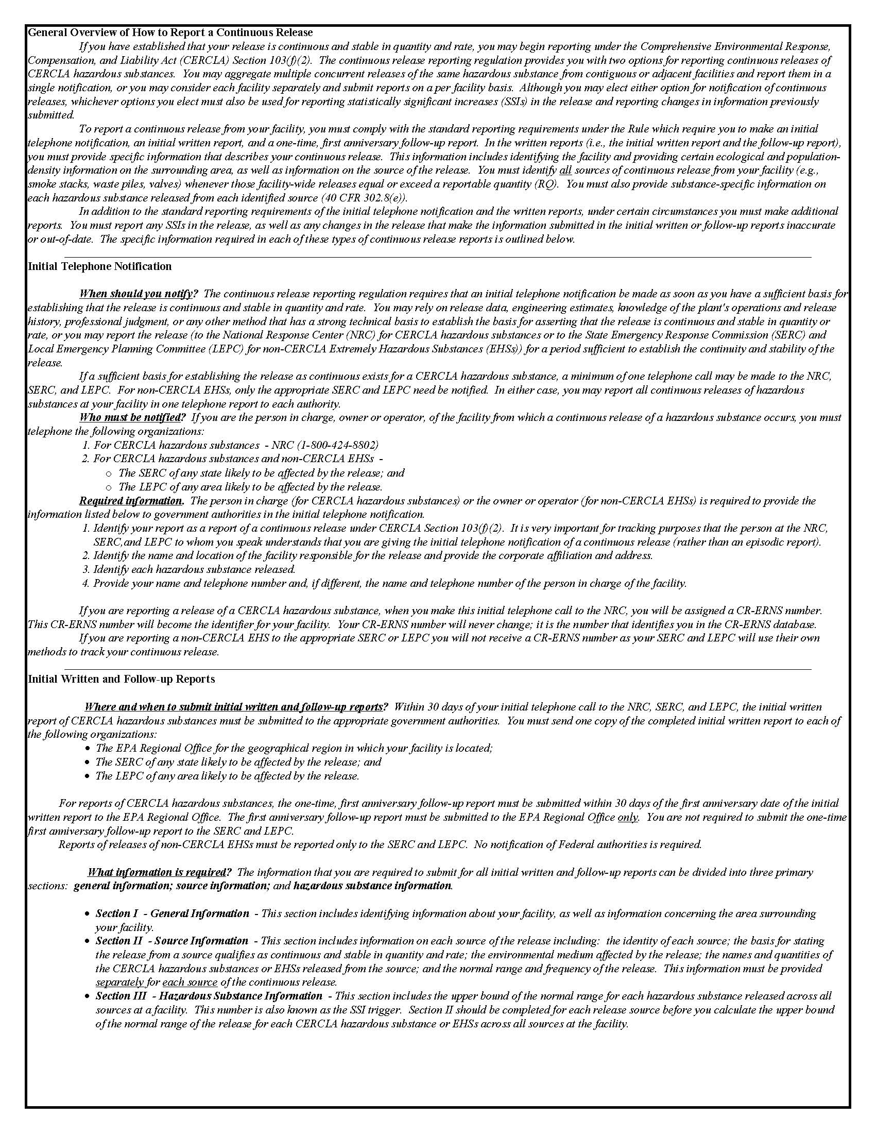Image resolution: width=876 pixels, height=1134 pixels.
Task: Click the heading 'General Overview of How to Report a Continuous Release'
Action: tap(170, 32)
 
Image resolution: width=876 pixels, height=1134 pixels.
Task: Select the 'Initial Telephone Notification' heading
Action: tap(99, 266)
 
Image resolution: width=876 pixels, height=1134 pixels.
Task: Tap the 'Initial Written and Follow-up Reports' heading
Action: tap(122, 679)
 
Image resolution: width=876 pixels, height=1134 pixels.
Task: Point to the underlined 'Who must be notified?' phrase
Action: tap(132, 417)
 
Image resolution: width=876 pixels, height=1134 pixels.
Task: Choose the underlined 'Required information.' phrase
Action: tap(131, 501)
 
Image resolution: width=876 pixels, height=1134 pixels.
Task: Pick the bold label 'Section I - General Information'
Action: tap(173, 913)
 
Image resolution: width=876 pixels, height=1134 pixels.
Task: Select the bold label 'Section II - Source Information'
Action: tap(172, 941)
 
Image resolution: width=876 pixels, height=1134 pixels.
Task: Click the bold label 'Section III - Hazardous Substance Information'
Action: tap(209, 996)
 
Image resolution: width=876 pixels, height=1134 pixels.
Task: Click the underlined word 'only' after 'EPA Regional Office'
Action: tap(628, 817)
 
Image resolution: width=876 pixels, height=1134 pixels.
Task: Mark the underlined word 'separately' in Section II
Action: tap(119, 983)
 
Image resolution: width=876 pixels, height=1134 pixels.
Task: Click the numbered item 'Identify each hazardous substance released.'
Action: tap(194, 569)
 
